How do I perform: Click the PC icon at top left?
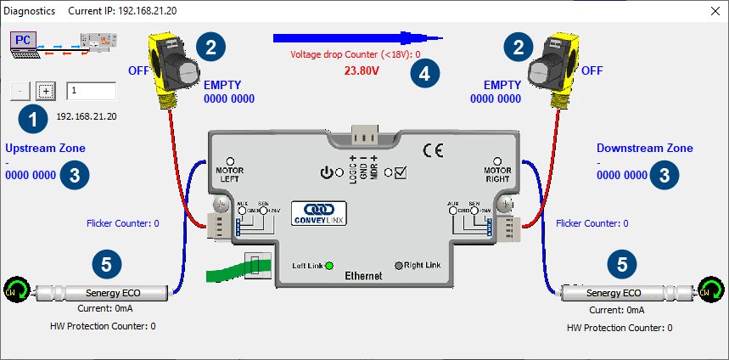25,39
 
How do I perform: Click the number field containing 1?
91,91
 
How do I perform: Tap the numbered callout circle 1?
33,119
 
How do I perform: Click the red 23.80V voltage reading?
361,71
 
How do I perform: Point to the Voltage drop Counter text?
355,53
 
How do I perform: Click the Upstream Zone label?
45,148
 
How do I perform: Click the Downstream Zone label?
644,148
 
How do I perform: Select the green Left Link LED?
328,265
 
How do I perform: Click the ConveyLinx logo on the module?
315,211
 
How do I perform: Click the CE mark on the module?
433,150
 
